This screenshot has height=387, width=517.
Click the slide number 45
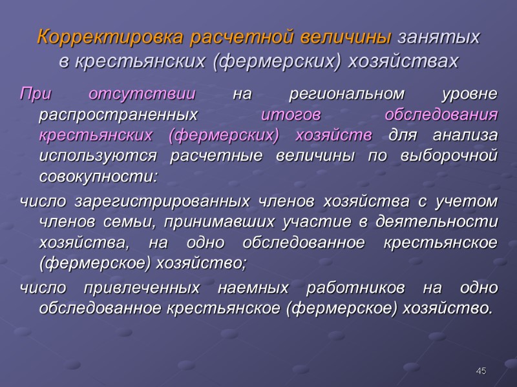click(x=481, y=371)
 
